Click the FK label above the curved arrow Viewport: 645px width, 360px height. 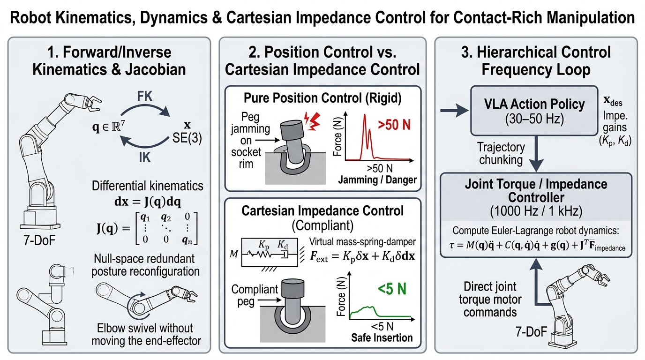pos(144,96)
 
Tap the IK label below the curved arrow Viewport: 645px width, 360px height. pos(144,157)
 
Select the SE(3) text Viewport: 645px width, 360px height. pos(187,138)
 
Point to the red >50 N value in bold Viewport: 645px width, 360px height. pos(394,125)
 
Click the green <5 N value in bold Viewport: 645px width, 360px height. pos(392,289)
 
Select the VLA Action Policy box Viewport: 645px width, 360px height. pos(534,111)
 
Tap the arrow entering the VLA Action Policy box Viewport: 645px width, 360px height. pos(454,111)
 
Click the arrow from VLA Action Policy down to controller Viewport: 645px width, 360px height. pos(536,154)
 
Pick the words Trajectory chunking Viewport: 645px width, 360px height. pos(501,153)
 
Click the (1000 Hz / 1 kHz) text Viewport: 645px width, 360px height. pos(536,211)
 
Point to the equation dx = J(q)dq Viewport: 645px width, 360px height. pos(148,202)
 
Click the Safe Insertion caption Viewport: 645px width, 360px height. pos(382,337)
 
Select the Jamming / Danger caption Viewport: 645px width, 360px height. pos(377,180)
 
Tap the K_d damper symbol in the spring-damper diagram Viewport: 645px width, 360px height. pos(284,255)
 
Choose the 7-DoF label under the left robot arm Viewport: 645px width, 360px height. pos(39,240)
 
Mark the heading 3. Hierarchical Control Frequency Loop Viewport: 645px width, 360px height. pos(536,61)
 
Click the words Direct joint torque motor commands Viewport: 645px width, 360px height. pos(490,299)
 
